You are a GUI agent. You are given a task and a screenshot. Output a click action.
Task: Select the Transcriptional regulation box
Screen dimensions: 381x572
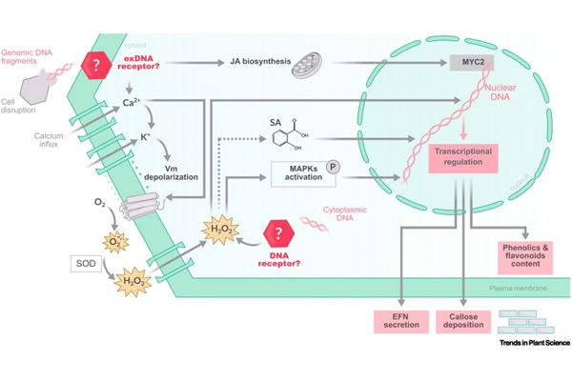click(464, 156)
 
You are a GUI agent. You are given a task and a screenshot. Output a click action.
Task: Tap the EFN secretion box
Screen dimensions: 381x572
click(397, 321)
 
